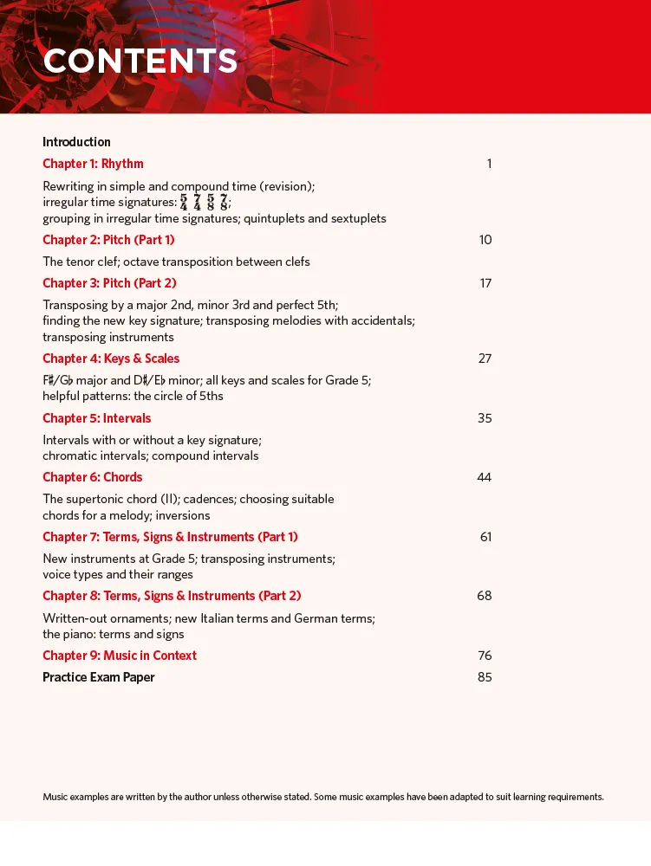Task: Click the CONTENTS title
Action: (x=140, y=61)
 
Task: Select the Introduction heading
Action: (x=76, y=142)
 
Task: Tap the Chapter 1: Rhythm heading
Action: (x=93, y=164)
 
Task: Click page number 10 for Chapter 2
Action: (x=485, y=240)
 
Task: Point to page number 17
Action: (x=485, y=283)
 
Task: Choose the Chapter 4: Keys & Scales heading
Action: (x=111, y=359)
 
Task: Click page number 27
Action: (x=485, y=359)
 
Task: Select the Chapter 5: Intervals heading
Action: (x=96, y=418)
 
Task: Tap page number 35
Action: (x=485, y=418)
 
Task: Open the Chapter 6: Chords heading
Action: (x=92, y=477)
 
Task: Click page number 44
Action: (x=484, y=477)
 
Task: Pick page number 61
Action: (x=485, y=537)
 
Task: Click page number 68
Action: (x=484, y=596)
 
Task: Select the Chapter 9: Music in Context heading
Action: (x=120, y=656)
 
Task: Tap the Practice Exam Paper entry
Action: (x=99, y=677)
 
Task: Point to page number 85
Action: (x=485, y=677)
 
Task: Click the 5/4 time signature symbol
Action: (x=184, y=203)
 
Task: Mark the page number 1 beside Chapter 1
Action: (x=489, y=164)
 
